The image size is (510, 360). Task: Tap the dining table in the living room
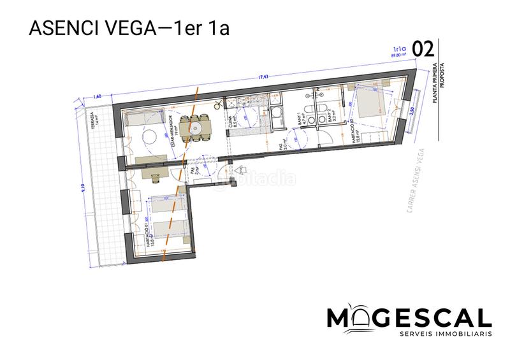(196, 128)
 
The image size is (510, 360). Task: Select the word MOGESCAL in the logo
(409, 317)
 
